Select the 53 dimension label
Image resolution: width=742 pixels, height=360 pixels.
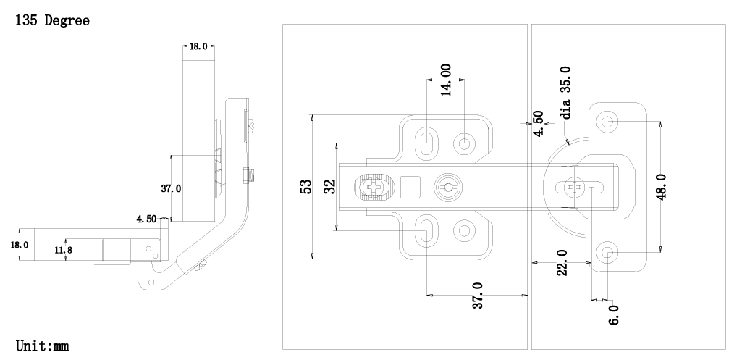[x=305, y=186]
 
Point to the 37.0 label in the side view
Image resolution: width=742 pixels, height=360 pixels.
[x=171, y=188]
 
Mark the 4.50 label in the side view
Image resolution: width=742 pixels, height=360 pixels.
[x=148, y=218]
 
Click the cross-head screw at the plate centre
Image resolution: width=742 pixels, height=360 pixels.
[x=450, y=187]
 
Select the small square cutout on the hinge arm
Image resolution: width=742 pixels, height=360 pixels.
[x=410, y=187]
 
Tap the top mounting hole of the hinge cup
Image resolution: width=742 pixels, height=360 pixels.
[x=608, y=121]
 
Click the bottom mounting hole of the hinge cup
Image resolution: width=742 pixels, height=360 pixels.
[x=608, y=253]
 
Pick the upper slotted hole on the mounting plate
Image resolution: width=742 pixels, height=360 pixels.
[x=426, y=141]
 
